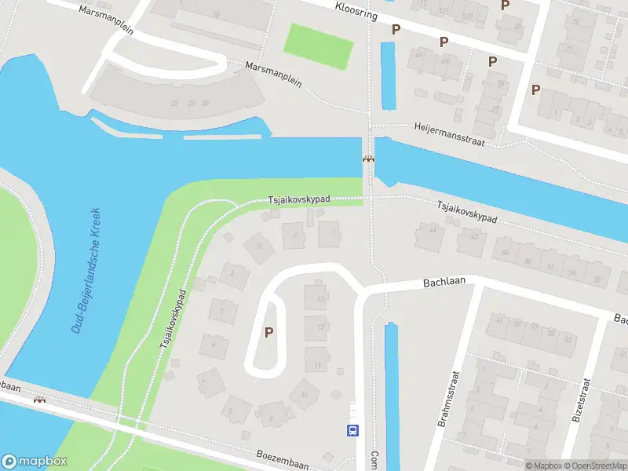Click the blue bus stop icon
[353, 430]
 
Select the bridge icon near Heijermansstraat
[367, 159]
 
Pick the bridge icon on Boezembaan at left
[39, 400]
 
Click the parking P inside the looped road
[269, 333]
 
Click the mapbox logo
[35, 462]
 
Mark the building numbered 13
[319, 298]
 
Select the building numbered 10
[304, 394]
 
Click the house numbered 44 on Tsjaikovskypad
[431, 230]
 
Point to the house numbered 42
[473, 236]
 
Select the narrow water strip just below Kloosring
[388, 75]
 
